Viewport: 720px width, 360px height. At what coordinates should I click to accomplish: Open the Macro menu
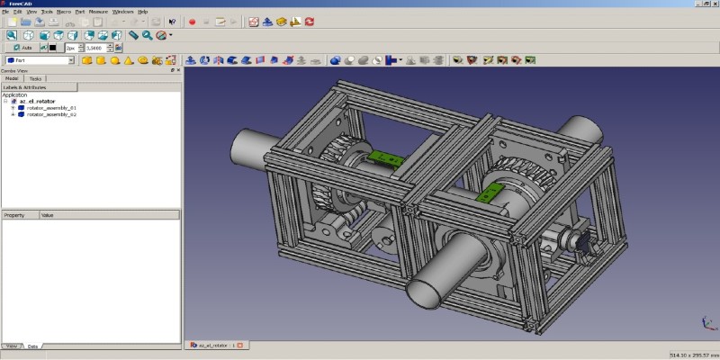tap(63, 11)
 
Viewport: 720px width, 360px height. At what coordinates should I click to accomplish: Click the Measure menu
tap(98, 11)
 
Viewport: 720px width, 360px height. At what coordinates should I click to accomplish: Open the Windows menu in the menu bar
tap(123, 11)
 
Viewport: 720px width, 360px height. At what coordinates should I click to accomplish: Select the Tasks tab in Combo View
tap(35, 78)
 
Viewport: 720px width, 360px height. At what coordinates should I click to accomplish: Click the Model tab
tap(12, 78)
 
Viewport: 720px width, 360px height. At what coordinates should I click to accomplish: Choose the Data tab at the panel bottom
tap(32, 346)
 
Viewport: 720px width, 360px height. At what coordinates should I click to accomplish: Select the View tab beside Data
tap(12, 346)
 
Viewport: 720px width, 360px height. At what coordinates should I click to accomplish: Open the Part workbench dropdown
tap(40, 60)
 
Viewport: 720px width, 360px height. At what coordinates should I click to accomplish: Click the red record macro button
tap(193, 21)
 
